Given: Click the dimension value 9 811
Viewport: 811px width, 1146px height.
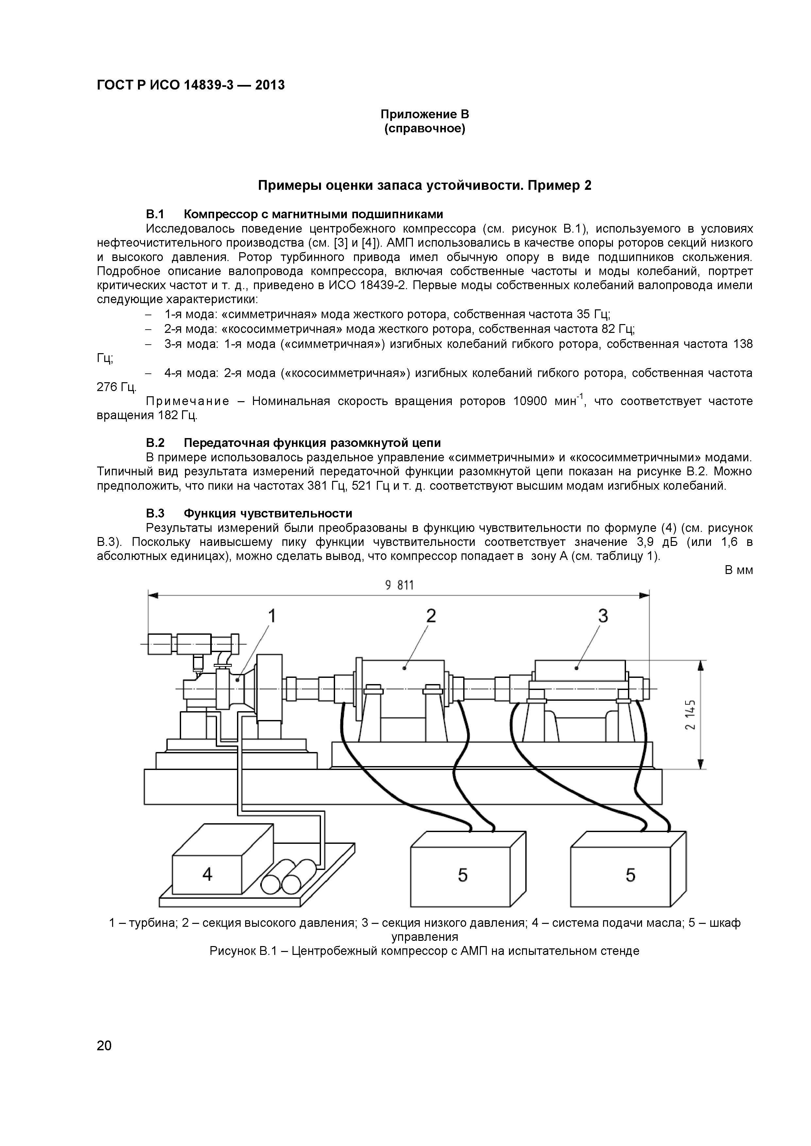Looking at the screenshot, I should (399, 585).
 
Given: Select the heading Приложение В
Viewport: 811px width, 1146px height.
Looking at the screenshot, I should (425, 114).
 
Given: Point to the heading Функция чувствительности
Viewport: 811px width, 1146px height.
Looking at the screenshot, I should (268, 513).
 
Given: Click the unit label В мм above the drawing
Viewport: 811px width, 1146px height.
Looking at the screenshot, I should (738, 570).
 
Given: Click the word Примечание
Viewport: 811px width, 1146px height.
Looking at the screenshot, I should (187, 401).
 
